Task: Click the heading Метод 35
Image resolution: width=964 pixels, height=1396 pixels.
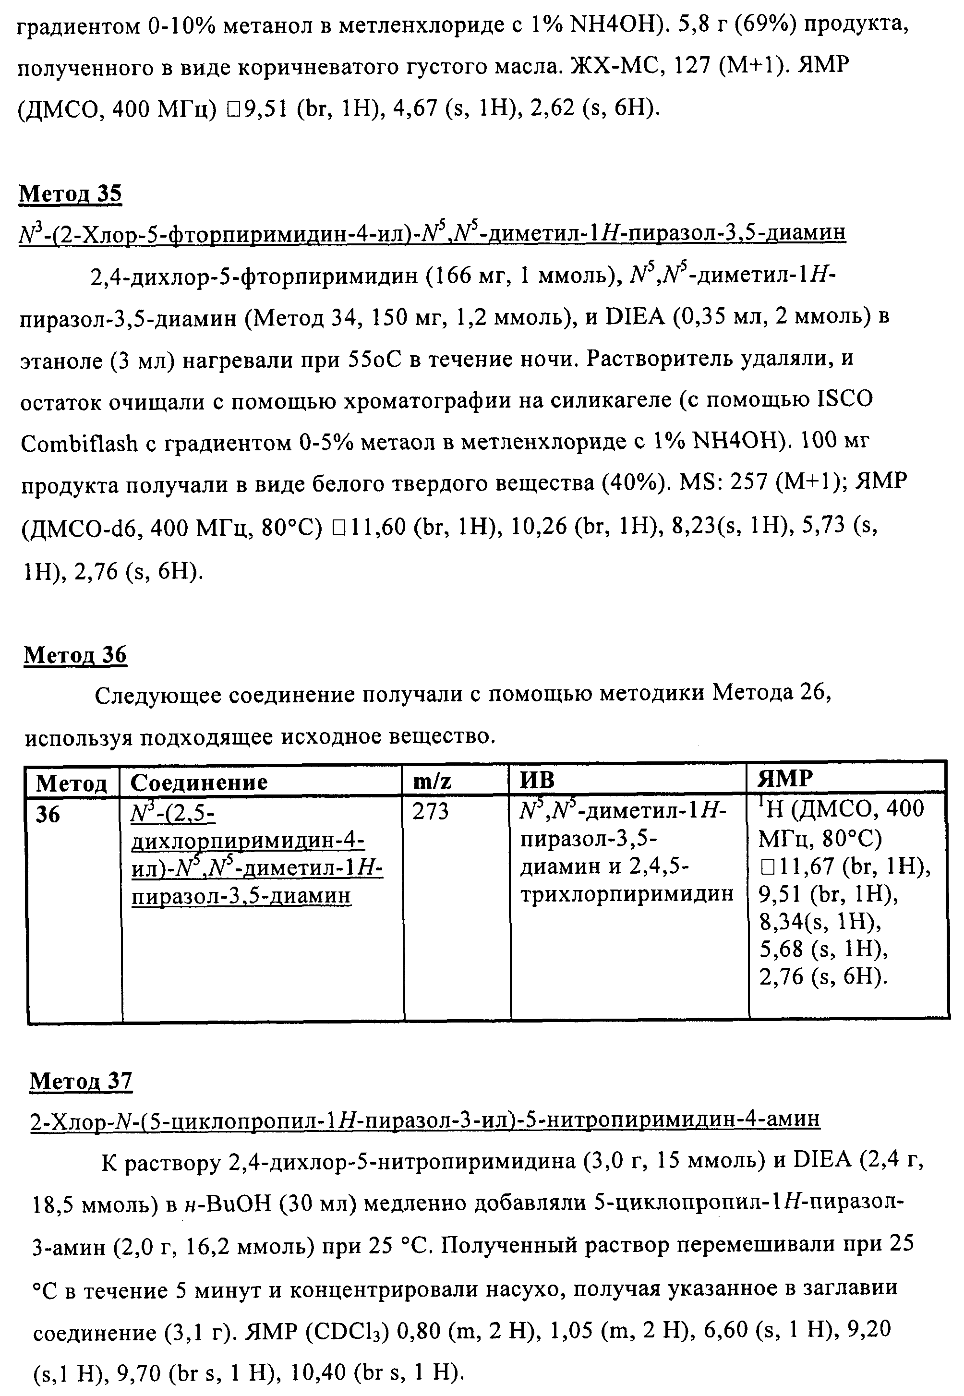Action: [71, 195]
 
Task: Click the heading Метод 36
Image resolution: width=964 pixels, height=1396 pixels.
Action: [75, 656]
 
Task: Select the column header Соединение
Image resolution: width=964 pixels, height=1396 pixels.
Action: [199, 782]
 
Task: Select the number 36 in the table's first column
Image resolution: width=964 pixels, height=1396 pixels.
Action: [48, 815]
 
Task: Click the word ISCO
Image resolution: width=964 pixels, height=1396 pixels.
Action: [844, 400]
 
